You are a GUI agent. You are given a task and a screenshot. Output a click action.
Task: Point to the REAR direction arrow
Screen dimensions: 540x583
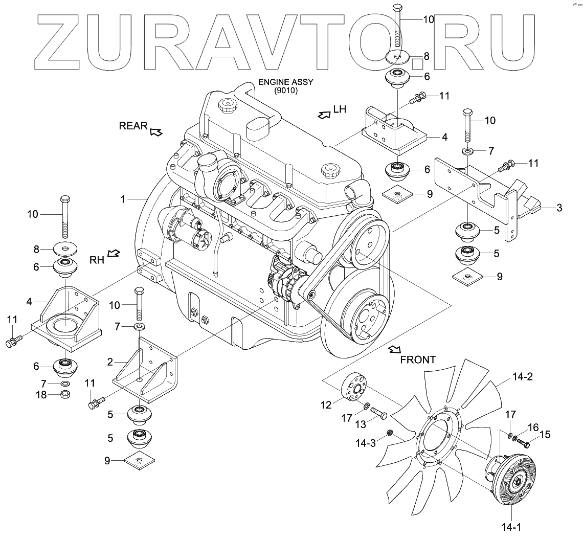click(x=156, y=132)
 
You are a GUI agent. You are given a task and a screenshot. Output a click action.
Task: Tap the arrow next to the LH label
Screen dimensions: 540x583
click(x=324, y=115)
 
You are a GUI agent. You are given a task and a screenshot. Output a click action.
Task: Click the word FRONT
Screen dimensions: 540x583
click(x=418, y=359)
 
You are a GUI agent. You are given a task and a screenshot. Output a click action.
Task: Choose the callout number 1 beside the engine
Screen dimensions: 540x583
click(x=123, y=199)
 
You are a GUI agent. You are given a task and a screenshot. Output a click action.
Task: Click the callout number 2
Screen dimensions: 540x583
click(x=110, y=363)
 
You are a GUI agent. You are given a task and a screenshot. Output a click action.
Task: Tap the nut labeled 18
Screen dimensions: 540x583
click(x=65, y=394)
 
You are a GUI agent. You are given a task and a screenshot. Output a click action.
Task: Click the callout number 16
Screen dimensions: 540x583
click(x=533, y=427)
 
